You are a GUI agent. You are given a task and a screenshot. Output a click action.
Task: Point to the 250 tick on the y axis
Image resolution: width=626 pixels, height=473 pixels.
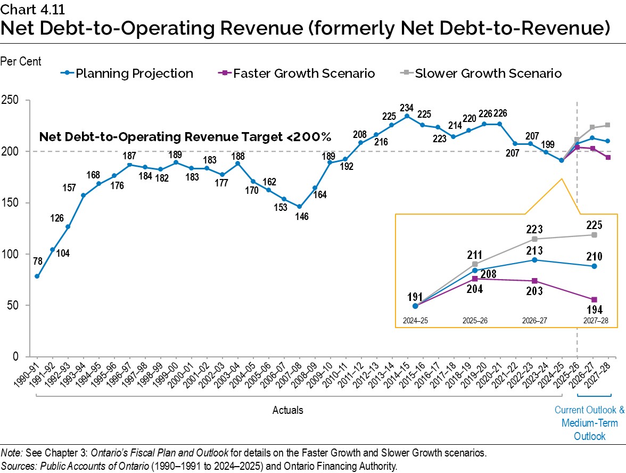pyautogui.click(x=11, y=101)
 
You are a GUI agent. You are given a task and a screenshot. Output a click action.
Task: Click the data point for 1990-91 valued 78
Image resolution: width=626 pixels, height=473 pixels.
pyautogui.click(x=37, y=276)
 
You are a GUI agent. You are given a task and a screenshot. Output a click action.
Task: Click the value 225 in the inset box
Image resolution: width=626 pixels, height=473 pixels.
pyautogui.click(x=594, y=224)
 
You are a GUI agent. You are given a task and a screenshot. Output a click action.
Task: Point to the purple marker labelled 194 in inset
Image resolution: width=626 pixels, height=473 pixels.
pyautogui.click(x=594, y=300)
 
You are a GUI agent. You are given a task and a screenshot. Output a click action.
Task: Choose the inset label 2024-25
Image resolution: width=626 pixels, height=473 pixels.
pyautogui.click(x=415, y=322)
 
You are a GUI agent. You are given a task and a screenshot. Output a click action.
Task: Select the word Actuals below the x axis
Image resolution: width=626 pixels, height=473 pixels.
pyautogui.click(x=288, y=410)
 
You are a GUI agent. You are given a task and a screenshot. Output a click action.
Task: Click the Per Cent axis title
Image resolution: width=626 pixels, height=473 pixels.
pyautogui.click(x=21, y=62)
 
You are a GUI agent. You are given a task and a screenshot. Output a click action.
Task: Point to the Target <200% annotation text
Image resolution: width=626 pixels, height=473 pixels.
pyautogui.click(x=185, y=137)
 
